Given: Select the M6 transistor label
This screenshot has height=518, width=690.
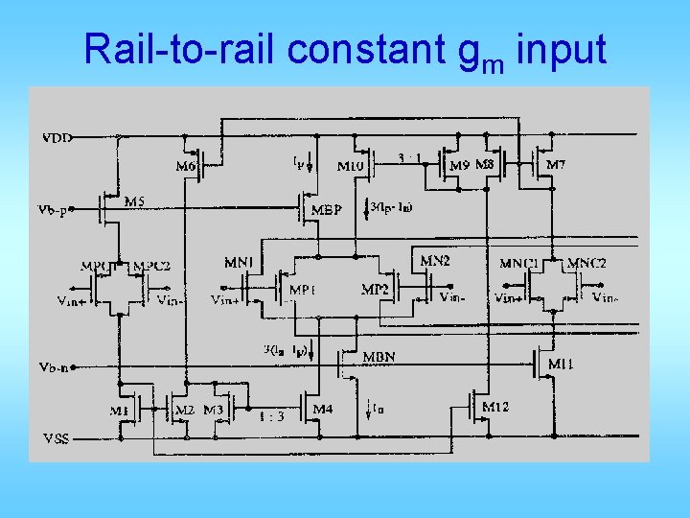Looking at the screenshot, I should click(188, 166).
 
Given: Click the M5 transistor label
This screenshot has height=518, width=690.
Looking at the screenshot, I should click(137, 201).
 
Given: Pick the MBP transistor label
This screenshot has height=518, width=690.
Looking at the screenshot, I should click(327, 210).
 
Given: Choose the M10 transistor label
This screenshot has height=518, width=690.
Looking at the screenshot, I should click(351, 166).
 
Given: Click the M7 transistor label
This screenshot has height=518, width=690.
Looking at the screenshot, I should click(555, 165).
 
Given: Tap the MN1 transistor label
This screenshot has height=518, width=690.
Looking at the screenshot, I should click(239, 262).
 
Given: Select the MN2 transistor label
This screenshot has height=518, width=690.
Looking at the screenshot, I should click(435, 260).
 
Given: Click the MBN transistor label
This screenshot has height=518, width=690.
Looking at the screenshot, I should click(379, 357).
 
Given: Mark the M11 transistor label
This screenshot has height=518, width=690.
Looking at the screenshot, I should click(561, 365).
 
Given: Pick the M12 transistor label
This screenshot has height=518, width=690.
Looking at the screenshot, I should click(495, 407).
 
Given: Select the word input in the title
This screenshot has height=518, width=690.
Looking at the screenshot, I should click(561, 49).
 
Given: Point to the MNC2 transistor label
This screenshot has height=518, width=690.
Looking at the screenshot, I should click(586, 263).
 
